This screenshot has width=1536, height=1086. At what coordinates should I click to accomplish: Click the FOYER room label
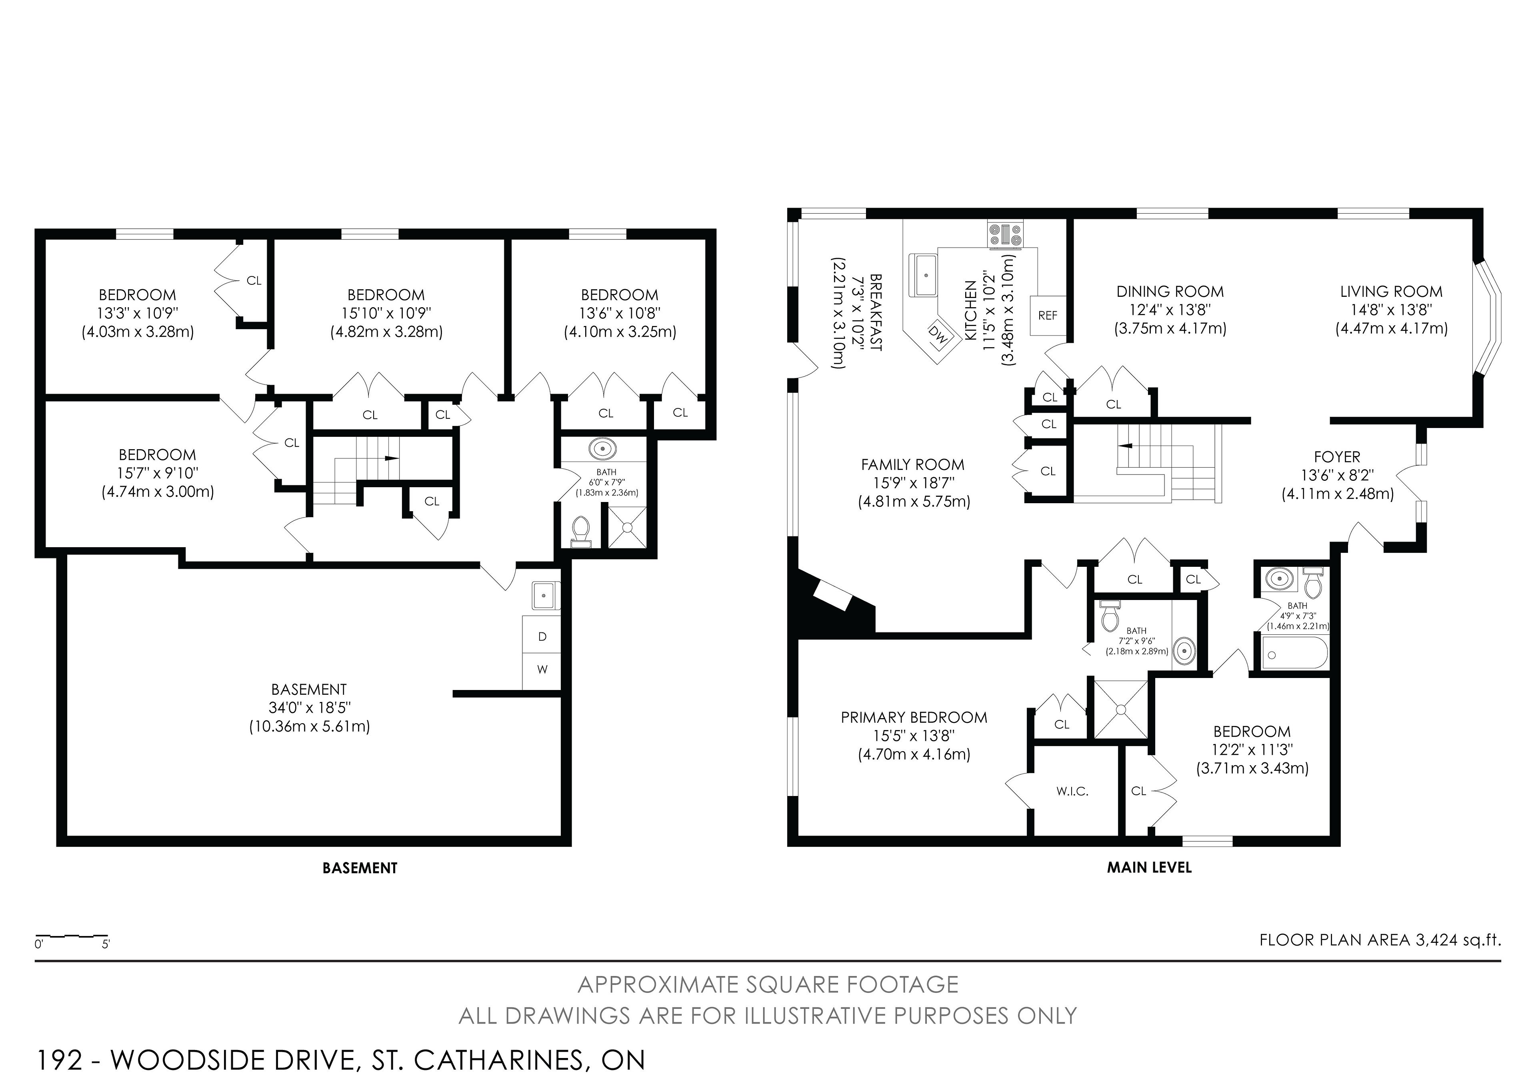[x=1337, y=457]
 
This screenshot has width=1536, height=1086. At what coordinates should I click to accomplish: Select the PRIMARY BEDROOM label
[x=914, y=717]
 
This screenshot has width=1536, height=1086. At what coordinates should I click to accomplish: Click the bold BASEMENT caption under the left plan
[x=360, y=868]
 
